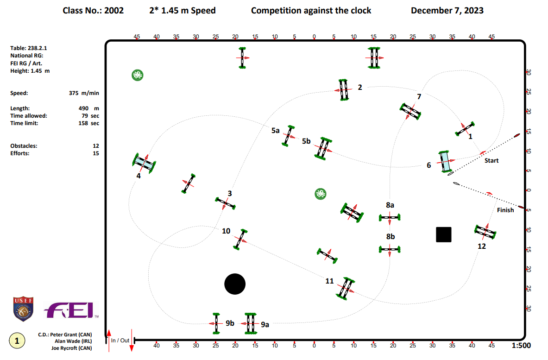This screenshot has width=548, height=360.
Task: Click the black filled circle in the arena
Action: point(235,284)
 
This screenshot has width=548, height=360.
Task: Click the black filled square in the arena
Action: point(444,234)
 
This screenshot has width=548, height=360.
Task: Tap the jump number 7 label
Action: point(419,97)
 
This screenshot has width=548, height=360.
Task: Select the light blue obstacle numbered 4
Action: point(144,163)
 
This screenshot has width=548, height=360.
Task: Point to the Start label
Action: point(491,161)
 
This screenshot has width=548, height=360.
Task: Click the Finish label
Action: point(505,210)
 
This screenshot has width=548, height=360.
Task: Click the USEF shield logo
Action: point(23,309)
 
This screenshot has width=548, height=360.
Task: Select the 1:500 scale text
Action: point(521,345)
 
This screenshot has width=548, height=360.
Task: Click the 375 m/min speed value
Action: point(84,93)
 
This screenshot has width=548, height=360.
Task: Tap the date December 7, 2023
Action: point(447,10)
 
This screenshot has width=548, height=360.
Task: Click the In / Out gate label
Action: point(120,341)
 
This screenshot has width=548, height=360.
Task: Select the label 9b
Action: point(230,323)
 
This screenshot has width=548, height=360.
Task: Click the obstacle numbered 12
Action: point(485,232)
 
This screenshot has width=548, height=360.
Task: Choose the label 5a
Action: point(276,131)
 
